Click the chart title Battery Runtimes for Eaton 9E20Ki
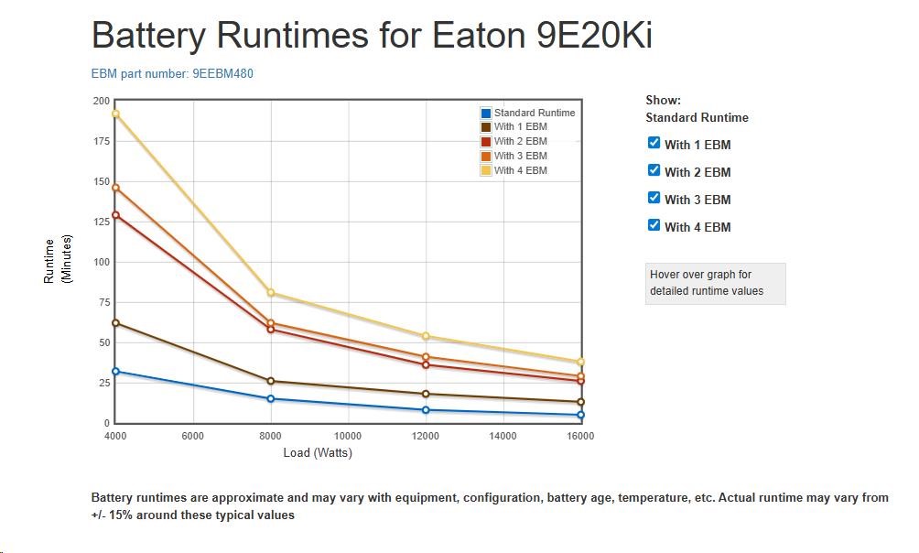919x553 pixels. tap(372, 36)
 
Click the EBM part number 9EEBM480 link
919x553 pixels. tap(172, 73)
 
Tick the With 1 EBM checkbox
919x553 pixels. tap(654, 143)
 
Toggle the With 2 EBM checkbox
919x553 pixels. tap(654, 170)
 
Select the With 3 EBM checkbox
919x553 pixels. tap(654, 198)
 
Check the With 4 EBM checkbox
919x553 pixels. tap(654, 225)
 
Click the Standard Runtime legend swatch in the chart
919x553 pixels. tap(486, 114)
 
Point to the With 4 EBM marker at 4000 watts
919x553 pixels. tap(115, 114)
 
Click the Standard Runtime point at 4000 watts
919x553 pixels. tap(115, 372)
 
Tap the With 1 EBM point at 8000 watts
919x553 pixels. tap(271, 381)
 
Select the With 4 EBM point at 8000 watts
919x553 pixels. tap(271, 293)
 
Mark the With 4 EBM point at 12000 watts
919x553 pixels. tap(426, 336)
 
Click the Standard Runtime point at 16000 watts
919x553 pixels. tap(580, 415)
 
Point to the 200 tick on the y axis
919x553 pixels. tap(100, 101)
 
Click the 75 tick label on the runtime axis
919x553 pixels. tap(103, 302)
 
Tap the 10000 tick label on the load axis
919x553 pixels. tap(348, 437)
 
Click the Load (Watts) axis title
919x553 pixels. tap(318, 452)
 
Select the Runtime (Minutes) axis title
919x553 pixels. tap(57, 260)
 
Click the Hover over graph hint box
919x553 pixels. tap(715, 283)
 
